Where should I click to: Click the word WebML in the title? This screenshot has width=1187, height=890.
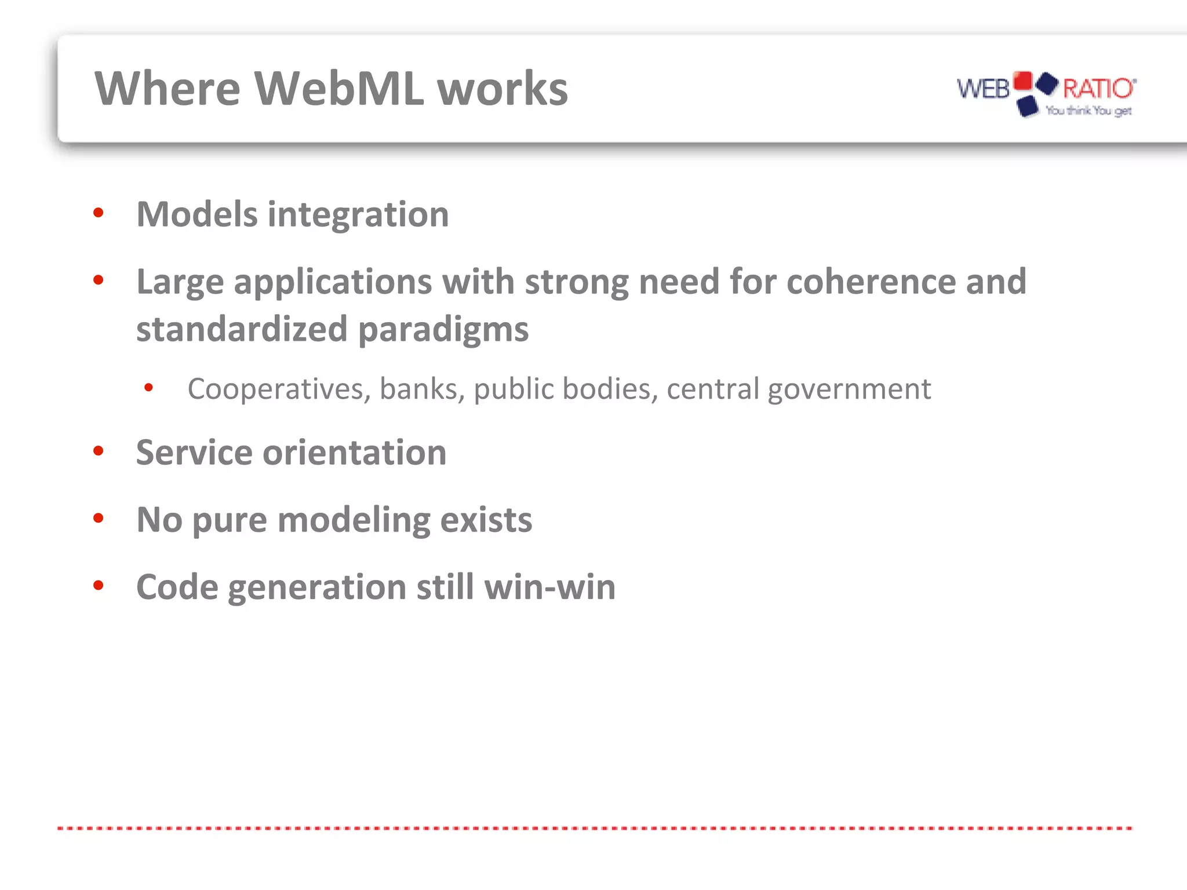point(339,89)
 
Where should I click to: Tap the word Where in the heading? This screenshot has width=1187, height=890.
point(168,89)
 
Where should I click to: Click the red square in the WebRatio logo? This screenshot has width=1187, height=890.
point(1023,81)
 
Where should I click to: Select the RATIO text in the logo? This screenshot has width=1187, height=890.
point(1097,89)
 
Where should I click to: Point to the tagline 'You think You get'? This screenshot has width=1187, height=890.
point(1088,110)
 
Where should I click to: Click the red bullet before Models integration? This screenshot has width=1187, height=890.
point(99,213)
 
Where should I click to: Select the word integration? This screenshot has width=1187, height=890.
point(358,215)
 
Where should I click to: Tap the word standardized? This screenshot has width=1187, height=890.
point(241,329)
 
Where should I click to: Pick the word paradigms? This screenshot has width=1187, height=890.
point(443,330)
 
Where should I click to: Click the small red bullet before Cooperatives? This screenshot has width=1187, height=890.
point(149,387)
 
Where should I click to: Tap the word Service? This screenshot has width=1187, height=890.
point(194,453)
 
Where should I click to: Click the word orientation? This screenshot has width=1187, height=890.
point(354,453)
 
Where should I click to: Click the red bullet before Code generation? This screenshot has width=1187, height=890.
point(99,586)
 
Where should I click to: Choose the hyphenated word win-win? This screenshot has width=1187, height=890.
point(549,587)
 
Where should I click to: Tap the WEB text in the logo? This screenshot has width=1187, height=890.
point(983,89)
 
